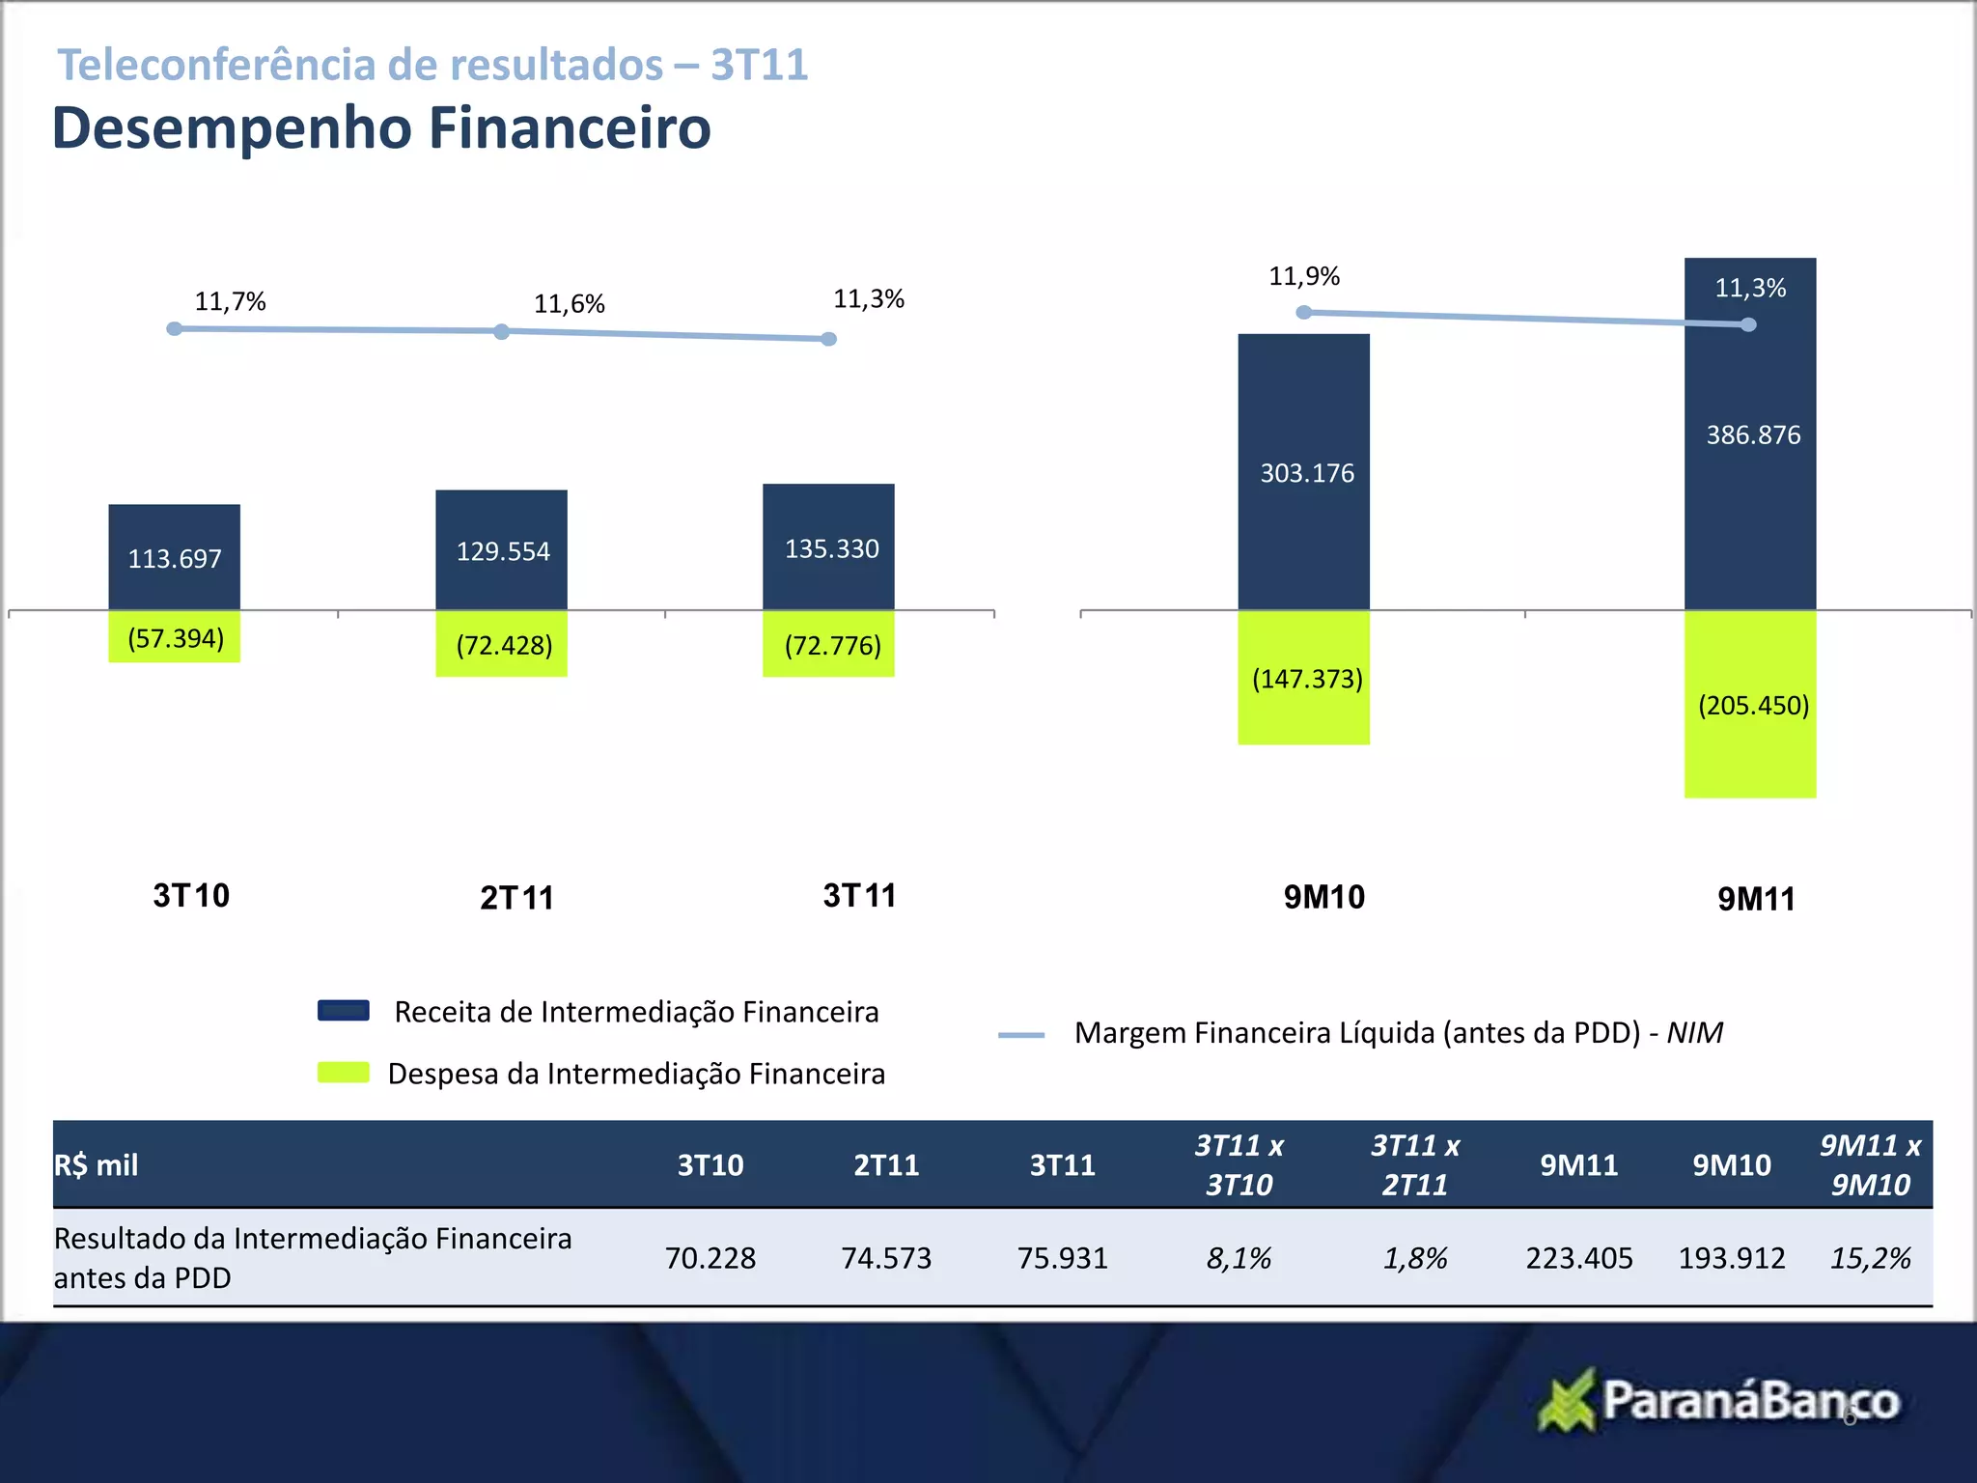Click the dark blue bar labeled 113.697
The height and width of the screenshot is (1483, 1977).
coord(174,556)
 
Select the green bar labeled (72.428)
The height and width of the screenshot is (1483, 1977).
coord(501,644)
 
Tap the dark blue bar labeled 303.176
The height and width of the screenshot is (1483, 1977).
coord(1303,471)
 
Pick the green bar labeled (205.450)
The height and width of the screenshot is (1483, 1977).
coord(1749,704)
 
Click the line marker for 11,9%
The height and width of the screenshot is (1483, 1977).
coord(1303,312)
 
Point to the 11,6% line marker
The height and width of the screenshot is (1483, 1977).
coord(501,331)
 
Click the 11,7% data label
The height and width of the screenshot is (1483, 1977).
coord(230,301)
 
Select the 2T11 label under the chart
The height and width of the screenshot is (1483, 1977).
coord(516,898)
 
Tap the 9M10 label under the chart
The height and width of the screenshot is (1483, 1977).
coord(1323,897)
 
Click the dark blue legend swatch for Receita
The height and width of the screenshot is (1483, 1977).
coord(344,1011)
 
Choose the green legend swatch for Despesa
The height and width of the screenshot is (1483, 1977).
coord(344,1073)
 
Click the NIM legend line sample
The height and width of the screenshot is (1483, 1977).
coord(1021,1035)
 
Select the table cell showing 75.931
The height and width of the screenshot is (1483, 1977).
coord(1062,1258)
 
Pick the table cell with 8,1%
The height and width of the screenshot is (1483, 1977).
coord(1239,1258)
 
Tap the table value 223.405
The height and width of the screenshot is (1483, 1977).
coord(1578,1258)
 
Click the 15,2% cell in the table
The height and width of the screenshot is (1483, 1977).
coord(1870,1258)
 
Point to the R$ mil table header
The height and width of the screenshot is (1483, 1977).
coord(97,1165)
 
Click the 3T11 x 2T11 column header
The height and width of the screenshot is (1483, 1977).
coord(1415,1165)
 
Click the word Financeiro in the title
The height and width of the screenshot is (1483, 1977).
coord(570,127)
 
